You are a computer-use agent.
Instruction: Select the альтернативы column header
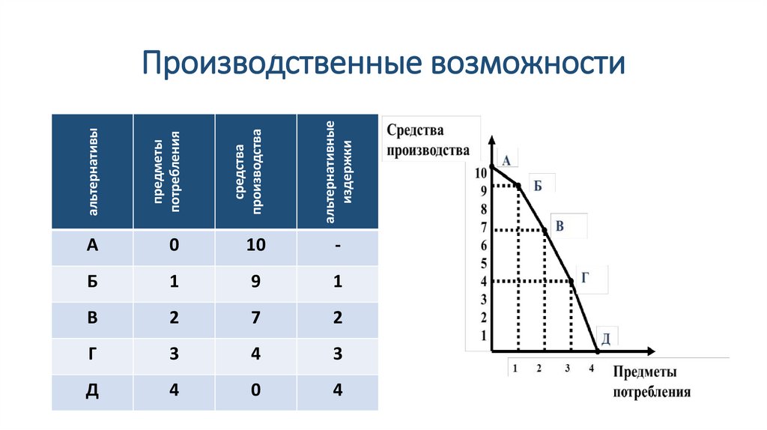pyautogui.click(x=92, y=172)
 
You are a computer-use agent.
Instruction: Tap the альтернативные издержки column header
pyautogui.click(x=337, y=172)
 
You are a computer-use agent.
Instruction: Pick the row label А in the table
pyautogui.click(x=92, y=246)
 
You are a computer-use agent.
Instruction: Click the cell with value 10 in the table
pyautogui.click(x=255, y=246)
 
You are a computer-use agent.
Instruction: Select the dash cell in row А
pyautogui.click(x=338, y=246)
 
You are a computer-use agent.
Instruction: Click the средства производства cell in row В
pyautogui.click(x=255, y=317)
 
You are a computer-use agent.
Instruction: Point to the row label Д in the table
pyautogui.click(x=92, y=391)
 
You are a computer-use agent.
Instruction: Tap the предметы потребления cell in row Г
pyautogui.click(x=174, y=354)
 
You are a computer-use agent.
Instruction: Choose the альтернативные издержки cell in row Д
pyautogui.click(x=338, y=391)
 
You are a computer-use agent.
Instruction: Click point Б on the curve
pyautogui.click(x=518, y=185)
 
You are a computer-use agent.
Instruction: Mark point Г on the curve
pyautogui.click(x=572, y=281)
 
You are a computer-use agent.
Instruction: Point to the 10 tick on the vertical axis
pyautogui.click(x=480, y=174)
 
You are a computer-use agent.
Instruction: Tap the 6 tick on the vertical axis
pyautogui.click(x=483, y=245)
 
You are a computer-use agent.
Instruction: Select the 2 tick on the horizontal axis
pyautogui.click(x=539, y=368)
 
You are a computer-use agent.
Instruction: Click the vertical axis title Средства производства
pyautogui.click(x=427, y=139)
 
